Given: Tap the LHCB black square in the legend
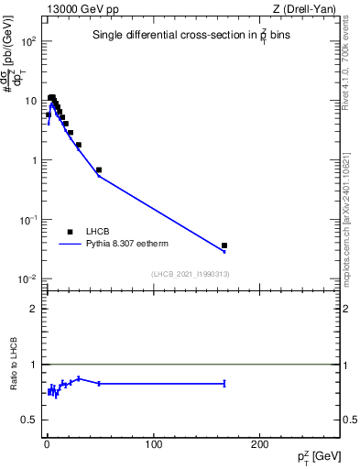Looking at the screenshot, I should pyautogui.click(x=70, y=232).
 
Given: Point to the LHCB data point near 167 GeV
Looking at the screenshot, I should pyautogui.click(x=224, y=245).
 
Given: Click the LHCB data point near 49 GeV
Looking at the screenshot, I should pyautogui.click(x=99, y=169).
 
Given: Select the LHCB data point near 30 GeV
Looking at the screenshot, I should pyautogui.click(x=79, y=145).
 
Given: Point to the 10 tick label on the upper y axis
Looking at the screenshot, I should pyautogui.click(x=32, y=102).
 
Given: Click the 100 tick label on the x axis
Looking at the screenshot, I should pyautogui.click(x=154, y=444).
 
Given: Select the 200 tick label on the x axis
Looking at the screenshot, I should pyautogui.click(x=260, y=444).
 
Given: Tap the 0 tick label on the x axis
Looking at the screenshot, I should pyautogui.click(x=47, y=444).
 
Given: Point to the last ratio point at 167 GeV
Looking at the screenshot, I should pyautogui.click(x=224, y=383).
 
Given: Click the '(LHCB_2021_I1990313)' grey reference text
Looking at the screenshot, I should pyautogui.click(x=190, y=274).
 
